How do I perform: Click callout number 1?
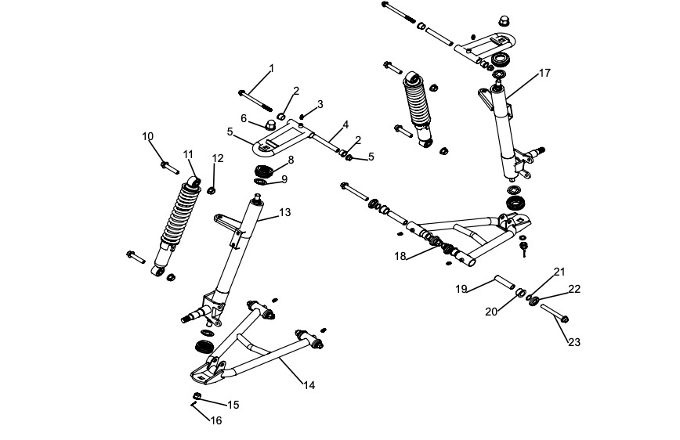tap(272, 68)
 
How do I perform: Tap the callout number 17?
tap(544, 73)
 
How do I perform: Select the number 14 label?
tap(309, 384)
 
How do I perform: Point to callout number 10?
tap(148, 136)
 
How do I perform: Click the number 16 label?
tap(216, 420)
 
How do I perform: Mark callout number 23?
tap(574, 342)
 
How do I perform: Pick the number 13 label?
tap(284, 212)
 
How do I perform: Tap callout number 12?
tap(218, 158)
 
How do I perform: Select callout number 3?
tap(320, 104)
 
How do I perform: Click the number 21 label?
tap(559, 271)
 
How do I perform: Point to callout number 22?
tap(574, 289)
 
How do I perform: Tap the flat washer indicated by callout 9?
tap(260, 183)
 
